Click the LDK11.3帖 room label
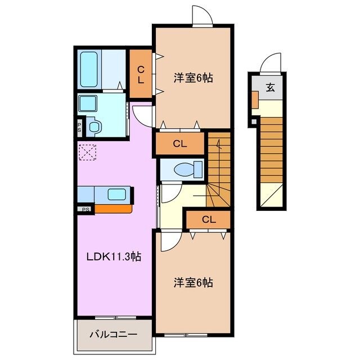(x=113, y=257)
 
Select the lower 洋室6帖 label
(x=193, y=282)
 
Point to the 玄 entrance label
(x=270, y=88)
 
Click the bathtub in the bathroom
(x=89, y=69)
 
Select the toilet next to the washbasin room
(x=94, y=127)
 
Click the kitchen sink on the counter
(x=116, y=195)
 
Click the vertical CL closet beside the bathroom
(x=141, y=74)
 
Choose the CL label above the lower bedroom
(x=208, y=219)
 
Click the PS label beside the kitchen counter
(x=85, y=210)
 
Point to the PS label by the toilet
(x=80, y=127)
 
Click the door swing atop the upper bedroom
(x=201, y=16)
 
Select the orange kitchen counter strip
(x=112, y=209)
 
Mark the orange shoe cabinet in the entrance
(x=255, y=99)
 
